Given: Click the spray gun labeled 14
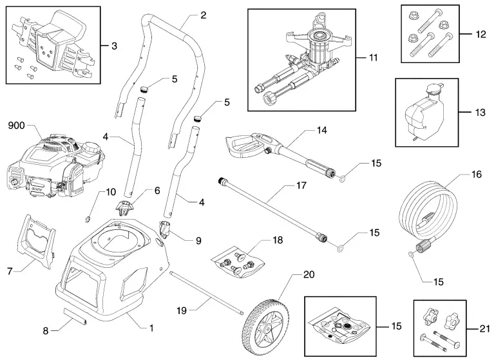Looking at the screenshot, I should click(x=271, y=149).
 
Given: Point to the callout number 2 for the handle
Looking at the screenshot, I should click(x=203, y=15).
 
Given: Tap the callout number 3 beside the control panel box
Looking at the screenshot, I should click(x=114, y=46).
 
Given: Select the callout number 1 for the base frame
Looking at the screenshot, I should click(x=151, y=328).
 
